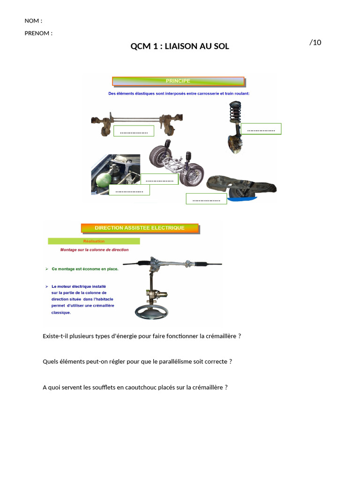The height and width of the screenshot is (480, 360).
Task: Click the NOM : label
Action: pos(33,21)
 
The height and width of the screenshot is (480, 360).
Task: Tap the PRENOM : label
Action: pos(38,33)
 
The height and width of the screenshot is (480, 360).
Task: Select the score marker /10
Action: pos(315,43)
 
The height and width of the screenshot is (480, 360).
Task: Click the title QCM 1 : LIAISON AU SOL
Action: pos(180,46)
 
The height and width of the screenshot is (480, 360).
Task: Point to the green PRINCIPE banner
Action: pos(178,81)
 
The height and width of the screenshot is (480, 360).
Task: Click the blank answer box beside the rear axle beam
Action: pos(134,131)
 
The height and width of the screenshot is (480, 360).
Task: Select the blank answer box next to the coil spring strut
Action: pos(261,129)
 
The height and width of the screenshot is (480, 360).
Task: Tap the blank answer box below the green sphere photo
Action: pos(129,190)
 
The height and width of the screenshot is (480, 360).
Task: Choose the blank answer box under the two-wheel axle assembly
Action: pos(159,179)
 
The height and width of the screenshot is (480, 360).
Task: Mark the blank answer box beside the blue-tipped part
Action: pos(206,199)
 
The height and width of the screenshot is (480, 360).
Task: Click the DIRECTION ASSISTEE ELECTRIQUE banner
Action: pos(140,228)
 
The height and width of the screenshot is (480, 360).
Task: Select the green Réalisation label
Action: pos(94,241)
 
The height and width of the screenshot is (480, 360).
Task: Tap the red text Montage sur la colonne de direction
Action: pos(94,250)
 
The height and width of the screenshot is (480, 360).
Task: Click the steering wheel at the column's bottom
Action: pos(151,312)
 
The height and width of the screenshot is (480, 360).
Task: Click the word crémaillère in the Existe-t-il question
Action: pos(218,336)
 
